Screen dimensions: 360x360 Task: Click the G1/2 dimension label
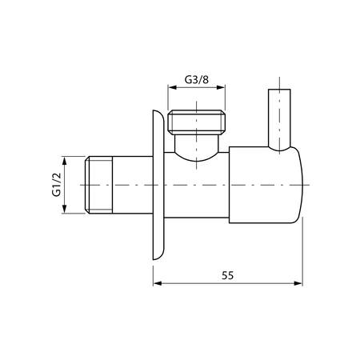coord(57,186)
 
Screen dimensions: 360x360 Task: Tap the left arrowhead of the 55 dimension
coord(157,283)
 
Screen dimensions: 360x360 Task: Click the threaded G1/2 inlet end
coord(97,186)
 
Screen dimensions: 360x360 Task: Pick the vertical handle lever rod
coord(279,120)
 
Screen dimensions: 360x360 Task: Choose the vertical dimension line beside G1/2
coord(66,186)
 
